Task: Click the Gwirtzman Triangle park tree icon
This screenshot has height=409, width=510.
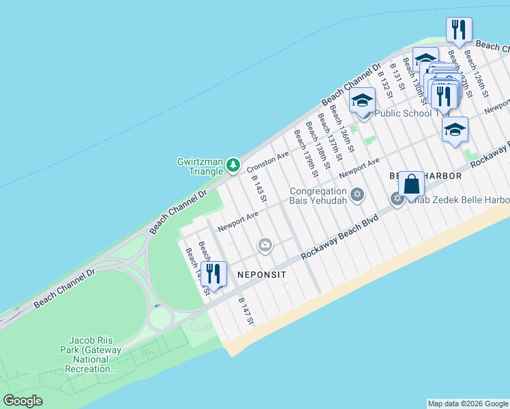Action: coord(233,165)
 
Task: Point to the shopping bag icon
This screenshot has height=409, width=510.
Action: coord(411,183)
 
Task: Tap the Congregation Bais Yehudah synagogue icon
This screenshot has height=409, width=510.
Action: coord(356,196)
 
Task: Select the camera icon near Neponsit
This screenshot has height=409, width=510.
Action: coord(265,245)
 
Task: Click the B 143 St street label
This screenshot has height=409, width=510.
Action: coord(258,188)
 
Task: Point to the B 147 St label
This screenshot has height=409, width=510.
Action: coord(246,311)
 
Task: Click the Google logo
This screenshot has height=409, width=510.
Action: coord(22,401)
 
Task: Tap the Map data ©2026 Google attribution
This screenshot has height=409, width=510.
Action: coord(467,404)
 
